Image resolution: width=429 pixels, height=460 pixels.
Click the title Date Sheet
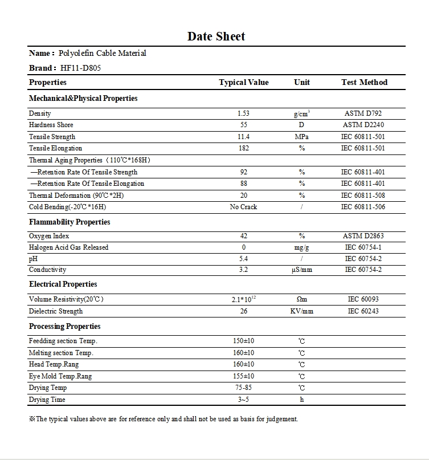click(216, 36)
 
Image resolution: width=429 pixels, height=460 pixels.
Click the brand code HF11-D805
click(81, 68)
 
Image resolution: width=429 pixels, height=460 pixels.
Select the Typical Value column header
click(243, 83)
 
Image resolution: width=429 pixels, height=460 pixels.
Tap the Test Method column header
click(364, 83)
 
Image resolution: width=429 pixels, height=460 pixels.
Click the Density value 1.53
click(243, 113)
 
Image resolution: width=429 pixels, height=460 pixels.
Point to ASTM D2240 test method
click(363, 125)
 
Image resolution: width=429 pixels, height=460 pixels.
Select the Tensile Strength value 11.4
click(243, 137)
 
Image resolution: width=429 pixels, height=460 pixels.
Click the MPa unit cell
click(301, 137)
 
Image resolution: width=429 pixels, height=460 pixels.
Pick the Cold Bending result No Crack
click(243, 207)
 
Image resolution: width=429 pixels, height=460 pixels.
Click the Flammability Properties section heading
click(70, 222)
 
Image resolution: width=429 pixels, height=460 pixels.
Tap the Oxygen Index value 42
click(243, 236)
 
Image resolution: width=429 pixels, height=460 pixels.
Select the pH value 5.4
click(243, 259)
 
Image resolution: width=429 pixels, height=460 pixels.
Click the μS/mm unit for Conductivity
click(301, 270)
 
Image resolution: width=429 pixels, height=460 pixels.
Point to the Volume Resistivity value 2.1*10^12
click(243, 299)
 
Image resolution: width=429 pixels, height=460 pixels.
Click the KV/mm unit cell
click(301, 311)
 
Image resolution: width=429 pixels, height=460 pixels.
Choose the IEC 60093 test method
click(363, 299)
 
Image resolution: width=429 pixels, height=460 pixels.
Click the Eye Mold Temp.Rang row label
click(60, 376)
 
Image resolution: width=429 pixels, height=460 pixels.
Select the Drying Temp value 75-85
click(243, 388)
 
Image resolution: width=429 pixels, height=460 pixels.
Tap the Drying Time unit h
click(301, 400)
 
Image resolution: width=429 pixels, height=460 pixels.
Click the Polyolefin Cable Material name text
click(103, 54)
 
